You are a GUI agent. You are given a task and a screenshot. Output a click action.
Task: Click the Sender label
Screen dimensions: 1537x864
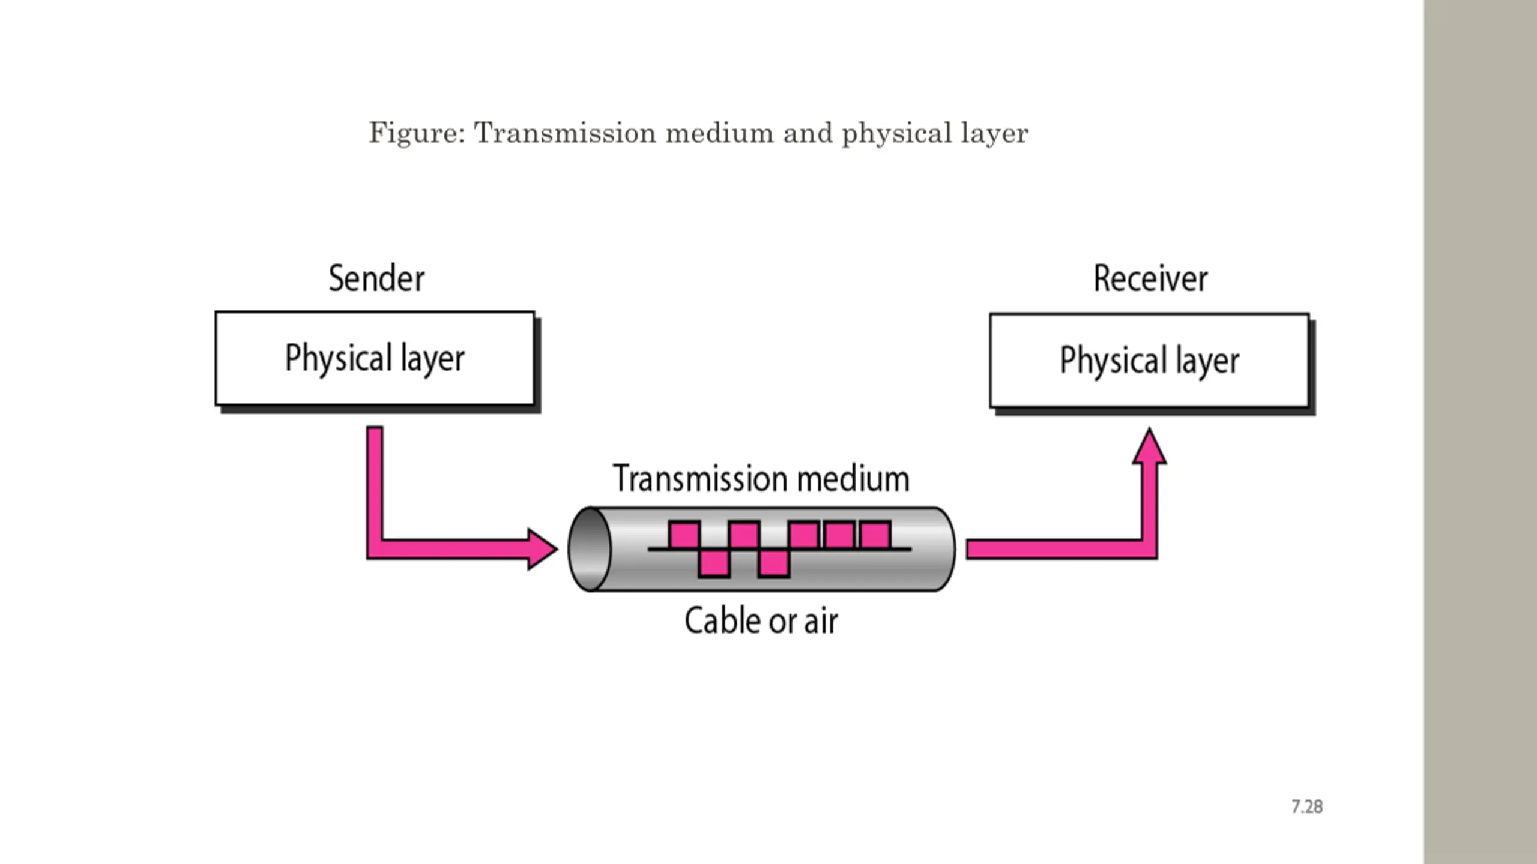point(376,278)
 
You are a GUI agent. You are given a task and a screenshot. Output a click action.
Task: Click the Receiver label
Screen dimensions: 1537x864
point(1150,278)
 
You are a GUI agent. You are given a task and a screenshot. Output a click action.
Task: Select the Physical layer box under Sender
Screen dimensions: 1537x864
point(375,359)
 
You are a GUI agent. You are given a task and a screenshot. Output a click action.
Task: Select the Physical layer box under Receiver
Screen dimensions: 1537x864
point(1150,361)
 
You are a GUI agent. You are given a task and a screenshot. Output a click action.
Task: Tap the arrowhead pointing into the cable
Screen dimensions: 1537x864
point(542,548)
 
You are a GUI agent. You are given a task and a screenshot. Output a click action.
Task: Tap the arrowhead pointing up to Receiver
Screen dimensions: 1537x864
point(1149,446)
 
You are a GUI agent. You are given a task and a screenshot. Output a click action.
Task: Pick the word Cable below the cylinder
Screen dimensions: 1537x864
point(723,620)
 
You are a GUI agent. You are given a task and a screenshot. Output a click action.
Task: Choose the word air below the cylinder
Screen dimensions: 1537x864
point(821,620)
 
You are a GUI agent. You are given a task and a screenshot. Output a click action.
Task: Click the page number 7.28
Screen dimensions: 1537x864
point(1307,806)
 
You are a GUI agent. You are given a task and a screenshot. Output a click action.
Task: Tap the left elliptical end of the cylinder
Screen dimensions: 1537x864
point(590,549)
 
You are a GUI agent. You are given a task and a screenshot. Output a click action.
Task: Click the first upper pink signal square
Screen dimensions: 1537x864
point(684,535)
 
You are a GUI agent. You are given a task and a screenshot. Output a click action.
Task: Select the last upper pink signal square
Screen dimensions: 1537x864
point(875,535)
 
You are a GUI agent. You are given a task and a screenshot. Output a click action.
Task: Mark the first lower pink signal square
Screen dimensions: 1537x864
point(714,563)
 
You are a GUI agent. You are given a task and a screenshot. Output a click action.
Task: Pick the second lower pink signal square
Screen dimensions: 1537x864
point(774,563)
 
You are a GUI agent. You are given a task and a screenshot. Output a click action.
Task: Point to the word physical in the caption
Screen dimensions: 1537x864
point(897,133)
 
